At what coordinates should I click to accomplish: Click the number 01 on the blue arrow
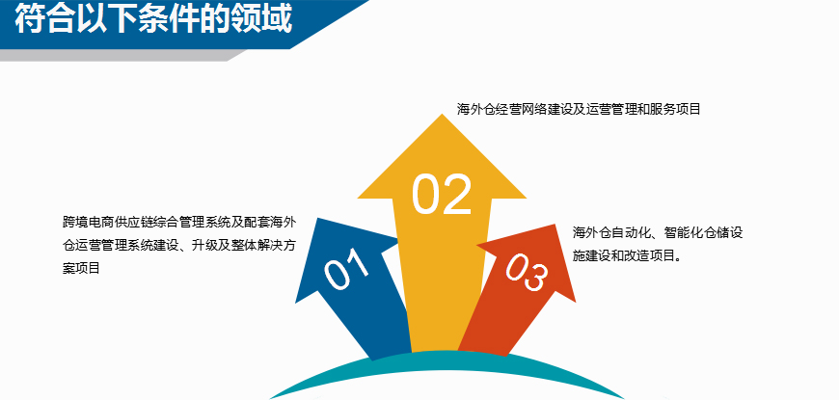coord(347,269)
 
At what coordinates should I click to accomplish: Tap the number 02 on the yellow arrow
coord(442,194)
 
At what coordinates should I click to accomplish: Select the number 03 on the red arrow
coord(528,274)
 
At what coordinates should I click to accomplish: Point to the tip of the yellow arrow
coord(442,115)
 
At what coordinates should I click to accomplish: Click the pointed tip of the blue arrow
coord(318,219)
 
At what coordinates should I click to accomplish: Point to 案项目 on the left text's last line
coord(81,268)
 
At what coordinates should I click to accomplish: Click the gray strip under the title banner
coord(123,55)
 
